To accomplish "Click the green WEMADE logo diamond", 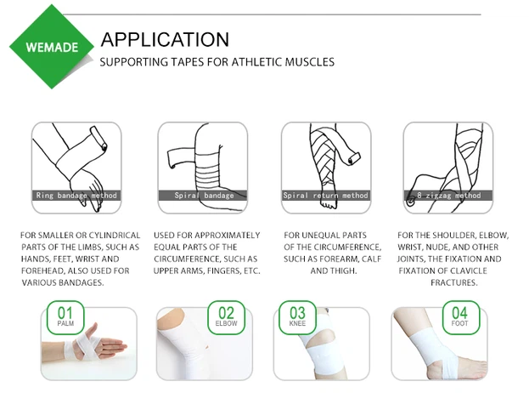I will (x=48, y=46).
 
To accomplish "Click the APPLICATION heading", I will (x=165, y=39).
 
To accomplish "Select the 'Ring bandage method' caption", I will (x=77, y=196).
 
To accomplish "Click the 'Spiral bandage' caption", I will (x=204, y=196).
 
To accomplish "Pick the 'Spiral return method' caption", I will (x=326, y=196).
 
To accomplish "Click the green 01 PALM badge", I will (x=65, y=316).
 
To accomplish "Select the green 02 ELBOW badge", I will (x=226, y=316).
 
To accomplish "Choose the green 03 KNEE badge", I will (x=298, y=316).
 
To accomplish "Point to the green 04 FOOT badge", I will (x=459, y=316).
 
